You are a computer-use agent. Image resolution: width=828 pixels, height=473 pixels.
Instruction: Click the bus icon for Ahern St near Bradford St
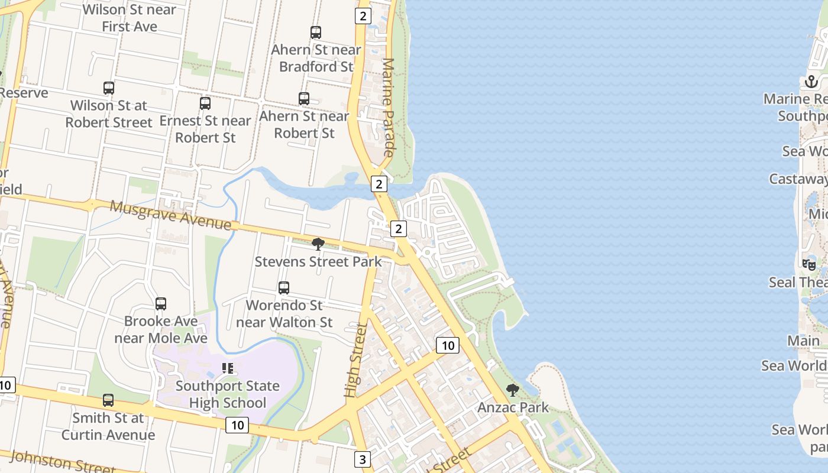point(316,33)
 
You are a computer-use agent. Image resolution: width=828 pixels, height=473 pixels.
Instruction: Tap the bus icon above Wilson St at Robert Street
point(109,88)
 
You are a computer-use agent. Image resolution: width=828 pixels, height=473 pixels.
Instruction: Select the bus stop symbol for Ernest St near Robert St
point(205,103)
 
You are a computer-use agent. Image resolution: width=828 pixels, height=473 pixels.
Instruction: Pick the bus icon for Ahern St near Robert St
point(304,99)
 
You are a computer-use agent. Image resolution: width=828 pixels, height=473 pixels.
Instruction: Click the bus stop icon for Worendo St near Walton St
point(284,288)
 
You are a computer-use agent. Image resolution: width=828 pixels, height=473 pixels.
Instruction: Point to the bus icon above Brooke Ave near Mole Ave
point(161,304)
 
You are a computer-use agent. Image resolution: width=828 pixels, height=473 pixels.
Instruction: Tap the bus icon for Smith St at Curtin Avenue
point(108,400)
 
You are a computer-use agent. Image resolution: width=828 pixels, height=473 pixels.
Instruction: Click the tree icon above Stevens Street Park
point(318,244)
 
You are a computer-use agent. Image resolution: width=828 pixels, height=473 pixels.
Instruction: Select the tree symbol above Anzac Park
point(513,390)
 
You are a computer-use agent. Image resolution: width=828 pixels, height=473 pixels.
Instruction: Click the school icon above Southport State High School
point(228,368)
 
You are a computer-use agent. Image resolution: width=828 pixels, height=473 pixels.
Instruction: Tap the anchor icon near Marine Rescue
point(811,82)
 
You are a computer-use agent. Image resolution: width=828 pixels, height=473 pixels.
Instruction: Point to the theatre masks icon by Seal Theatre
point(808,265)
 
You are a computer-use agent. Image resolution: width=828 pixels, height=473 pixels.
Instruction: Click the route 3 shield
point(363,459)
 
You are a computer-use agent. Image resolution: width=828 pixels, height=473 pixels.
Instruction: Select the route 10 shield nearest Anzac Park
point(448,345)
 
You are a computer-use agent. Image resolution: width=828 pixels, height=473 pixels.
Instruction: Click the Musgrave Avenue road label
point(170,215)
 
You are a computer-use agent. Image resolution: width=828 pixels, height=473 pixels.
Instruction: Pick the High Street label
point(355,360)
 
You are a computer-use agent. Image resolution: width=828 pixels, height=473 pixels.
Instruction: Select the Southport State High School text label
point(228,394)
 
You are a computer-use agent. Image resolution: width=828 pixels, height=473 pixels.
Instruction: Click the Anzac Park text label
point(513,407)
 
